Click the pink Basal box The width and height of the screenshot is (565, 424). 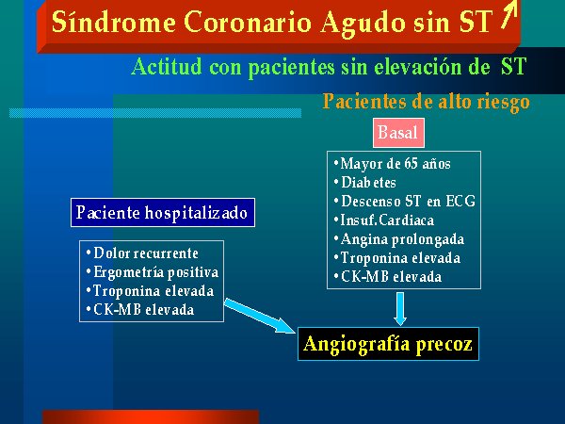[398, 133]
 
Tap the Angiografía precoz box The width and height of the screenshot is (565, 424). [388, 344]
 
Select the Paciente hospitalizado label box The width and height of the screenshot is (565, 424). [163, 212]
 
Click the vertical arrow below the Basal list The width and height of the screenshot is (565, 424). [400, 309]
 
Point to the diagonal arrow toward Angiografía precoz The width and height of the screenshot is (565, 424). [260, 316]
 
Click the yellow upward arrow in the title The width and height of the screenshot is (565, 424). [509, 14]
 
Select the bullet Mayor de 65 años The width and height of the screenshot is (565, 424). [392, 164]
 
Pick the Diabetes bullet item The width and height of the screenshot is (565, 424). [364, 183]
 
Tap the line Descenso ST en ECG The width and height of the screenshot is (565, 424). [404, 202]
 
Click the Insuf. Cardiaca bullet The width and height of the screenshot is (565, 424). [384, 220]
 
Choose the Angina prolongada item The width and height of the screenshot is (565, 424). [399, 239]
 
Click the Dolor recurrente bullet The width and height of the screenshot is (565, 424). [142, 253]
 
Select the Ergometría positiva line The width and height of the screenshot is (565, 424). [153, 272]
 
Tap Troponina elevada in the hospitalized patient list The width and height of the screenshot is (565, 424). [150, 291]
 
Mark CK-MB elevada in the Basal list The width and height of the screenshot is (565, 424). [388, 276]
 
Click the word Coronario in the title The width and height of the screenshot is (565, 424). [248, 23]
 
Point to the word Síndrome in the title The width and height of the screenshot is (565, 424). [114, 22]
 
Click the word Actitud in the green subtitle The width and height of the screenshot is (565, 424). [167, 67]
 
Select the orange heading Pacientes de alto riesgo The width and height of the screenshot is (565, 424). [427, 102]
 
